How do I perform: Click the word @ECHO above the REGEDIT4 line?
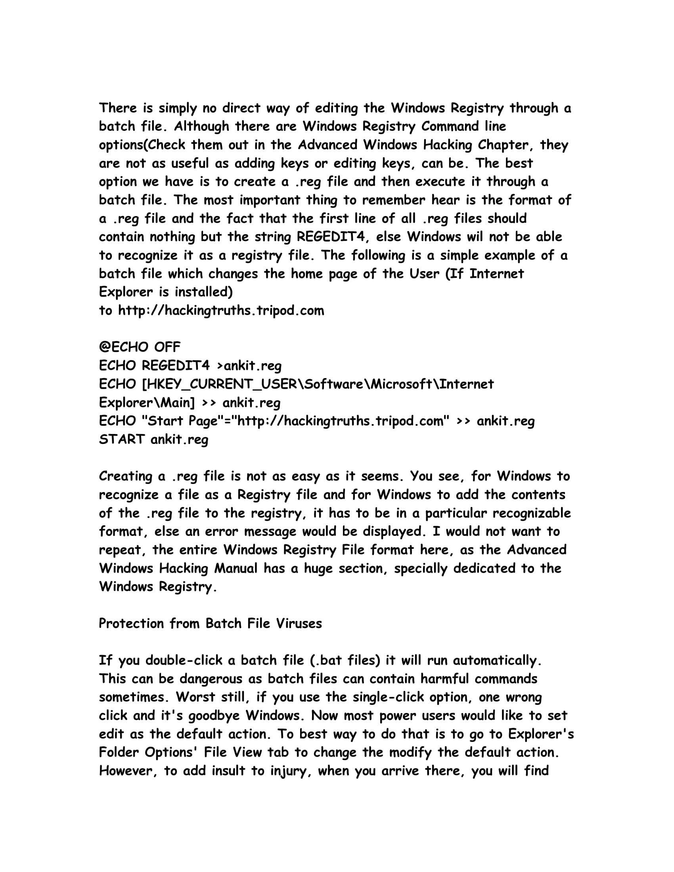[x=123, y=347]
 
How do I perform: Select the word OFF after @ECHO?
[x=167, y=347]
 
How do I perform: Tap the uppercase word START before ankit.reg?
[x=122, y=439]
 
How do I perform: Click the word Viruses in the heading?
[x=299, y=623]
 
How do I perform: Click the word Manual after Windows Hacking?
[x=236, y=568]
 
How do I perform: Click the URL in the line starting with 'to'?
[x=221, y=310]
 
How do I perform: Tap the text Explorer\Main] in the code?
[x=147, y=402]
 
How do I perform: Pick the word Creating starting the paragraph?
[x=125, y=476]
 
